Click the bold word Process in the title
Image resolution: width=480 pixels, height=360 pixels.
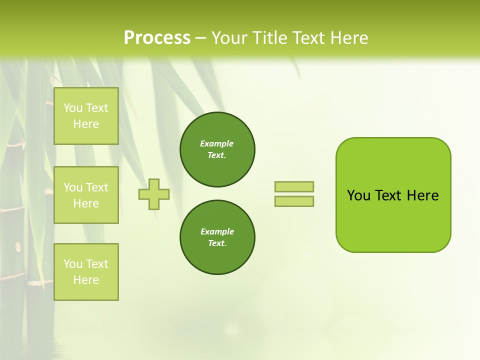tap(157, 38)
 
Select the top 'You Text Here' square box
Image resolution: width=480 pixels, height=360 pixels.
tap(86, 116)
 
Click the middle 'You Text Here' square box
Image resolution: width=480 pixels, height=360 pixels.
tap(86, 195)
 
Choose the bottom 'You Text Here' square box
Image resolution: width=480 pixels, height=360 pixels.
tap(86, 272)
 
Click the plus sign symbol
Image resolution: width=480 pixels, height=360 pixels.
tap(154, 194)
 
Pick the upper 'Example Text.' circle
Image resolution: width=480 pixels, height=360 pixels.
tap(217, 149)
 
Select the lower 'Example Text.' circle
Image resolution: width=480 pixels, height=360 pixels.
tap(217, 237)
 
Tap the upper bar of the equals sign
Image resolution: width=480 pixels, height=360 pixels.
tap(294, 186)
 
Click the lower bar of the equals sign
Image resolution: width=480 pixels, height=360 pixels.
tap(294, 201)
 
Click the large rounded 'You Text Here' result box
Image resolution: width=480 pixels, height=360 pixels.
tap(393, 195)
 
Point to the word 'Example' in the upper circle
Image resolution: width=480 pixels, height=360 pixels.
tap(216, 143)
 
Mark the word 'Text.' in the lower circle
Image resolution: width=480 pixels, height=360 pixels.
tap(217, 243)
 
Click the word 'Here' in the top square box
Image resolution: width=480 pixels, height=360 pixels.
tap(86, 124)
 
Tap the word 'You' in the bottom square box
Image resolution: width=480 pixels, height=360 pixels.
tap(73, 264)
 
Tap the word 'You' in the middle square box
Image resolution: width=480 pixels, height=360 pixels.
tap(73, 187)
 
